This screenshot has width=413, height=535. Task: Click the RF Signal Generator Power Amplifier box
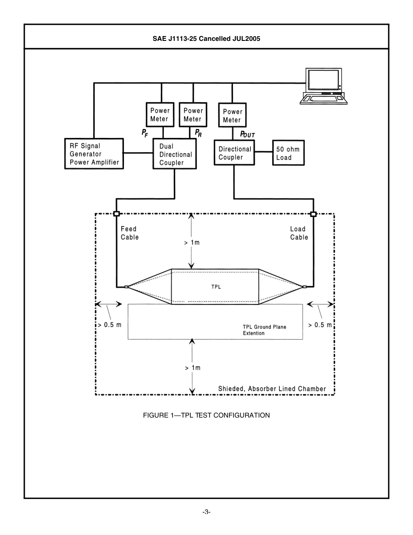(x=94, y=154)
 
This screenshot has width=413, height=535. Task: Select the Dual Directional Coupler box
(x=174, y=154)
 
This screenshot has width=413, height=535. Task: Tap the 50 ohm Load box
(x=288, y=153)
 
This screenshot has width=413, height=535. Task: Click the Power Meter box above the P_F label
(x=160, y=115)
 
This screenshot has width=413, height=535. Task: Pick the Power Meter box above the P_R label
(x=193, y=115)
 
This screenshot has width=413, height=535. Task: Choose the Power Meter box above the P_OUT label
(x=233, y=115)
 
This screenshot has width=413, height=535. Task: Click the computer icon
(x=324, y=86)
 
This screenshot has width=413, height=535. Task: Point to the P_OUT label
(x=247, y=134)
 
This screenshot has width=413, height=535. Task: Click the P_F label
(x=145, y=134)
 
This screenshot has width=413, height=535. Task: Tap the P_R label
(x=198, y=133)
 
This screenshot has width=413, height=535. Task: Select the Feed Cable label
(x=130, y=233)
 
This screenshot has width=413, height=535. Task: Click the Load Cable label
(x=299, y=233)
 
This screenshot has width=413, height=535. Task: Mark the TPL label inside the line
(x=216, y=287)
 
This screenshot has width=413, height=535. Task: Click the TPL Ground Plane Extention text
(x=264, y=330)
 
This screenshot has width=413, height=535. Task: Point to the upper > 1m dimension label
(x=192, y=243)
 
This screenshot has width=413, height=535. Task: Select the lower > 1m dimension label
(x=192, y=368)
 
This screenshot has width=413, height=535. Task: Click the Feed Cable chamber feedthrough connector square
(x=116, y=214)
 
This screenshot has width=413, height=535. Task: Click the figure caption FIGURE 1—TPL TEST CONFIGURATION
(x=206, y=415)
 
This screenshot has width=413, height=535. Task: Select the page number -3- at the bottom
(x=206, y=512)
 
